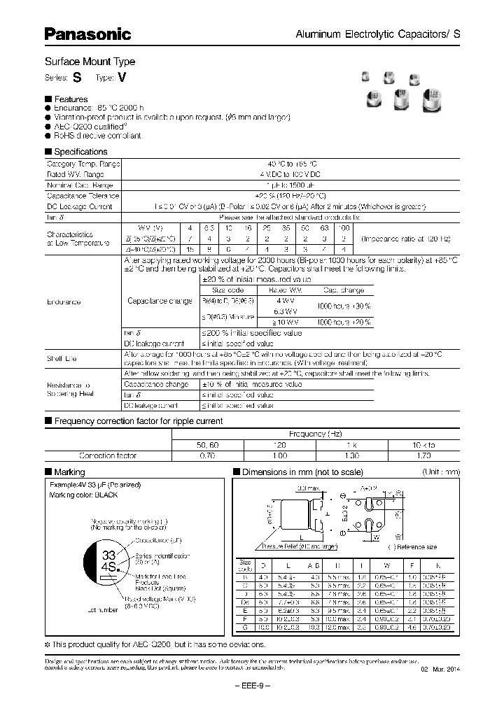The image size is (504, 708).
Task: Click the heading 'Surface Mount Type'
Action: (x=90, y=62)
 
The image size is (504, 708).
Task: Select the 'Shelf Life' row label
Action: (x=62, y=359)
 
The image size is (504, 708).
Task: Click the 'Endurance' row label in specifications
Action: (x=64, y=302)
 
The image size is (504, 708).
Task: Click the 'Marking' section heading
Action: (x=69, y=472)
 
